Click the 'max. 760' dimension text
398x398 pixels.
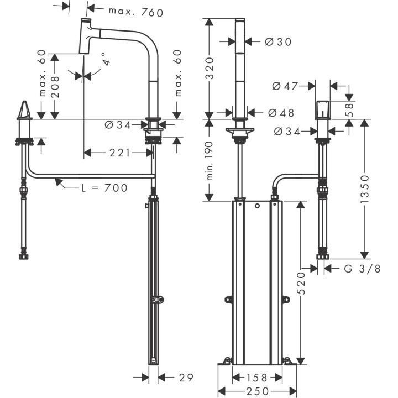coord(136,11)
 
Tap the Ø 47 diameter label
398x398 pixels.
coord(285,86)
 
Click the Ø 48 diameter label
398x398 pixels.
coord(281,113)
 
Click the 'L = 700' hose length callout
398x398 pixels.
coord(104,188)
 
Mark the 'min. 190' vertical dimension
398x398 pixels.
coord(210,164)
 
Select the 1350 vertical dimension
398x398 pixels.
coord(365,189)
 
